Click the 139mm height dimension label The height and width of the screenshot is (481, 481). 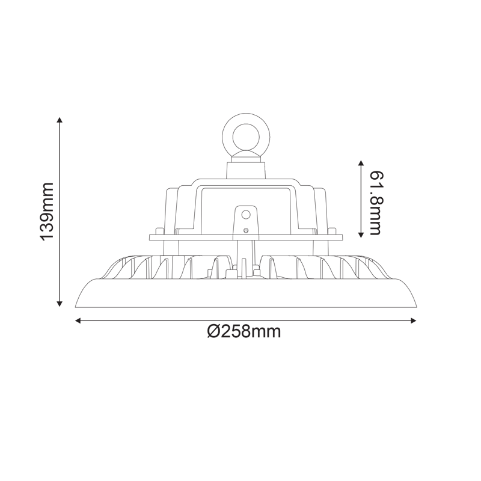(47, 212)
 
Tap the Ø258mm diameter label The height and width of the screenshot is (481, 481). (244, 332)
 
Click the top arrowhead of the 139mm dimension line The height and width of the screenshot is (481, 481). (60, 121)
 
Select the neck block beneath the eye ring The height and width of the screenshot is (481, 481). (245, 169)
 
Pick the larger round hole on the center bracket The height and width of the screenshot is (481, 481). (245, 213)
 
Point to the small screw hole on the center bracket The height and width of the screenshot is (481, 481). (245, 230)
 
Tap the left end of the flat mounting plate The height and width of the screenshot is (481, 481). (150, 237)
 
